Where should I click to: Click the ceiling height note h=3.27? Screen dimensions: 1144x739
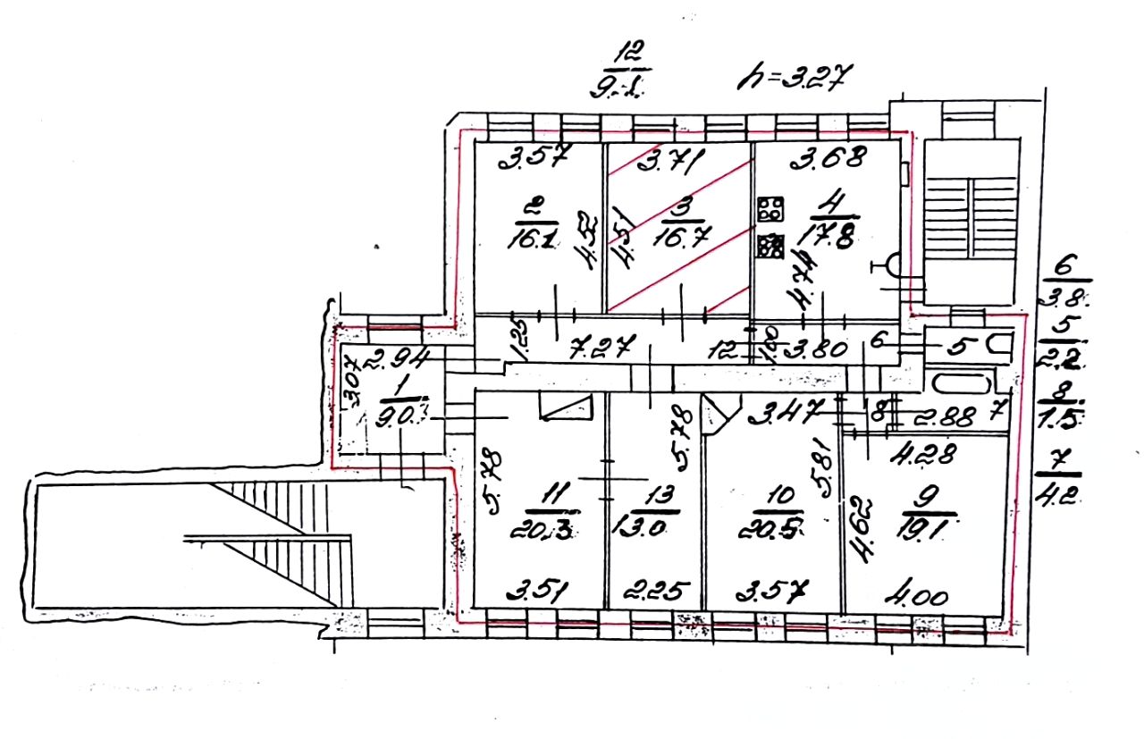[x=790, y=79]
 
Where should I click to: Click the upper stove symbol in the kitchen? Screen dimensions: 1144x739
[x=769, y=211]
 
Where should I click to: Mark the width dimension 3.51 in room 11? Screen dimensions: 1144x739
[x=540, y=592]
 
